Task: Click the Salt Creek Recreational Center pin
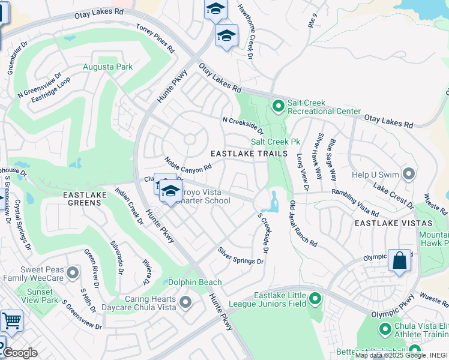278,106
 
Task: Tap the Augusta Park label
108,67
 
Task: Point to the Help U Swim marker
409,175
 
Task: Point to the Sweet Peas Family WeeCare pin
73,274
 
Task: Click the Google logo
20,353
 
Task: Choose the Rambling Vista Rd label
355,203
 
